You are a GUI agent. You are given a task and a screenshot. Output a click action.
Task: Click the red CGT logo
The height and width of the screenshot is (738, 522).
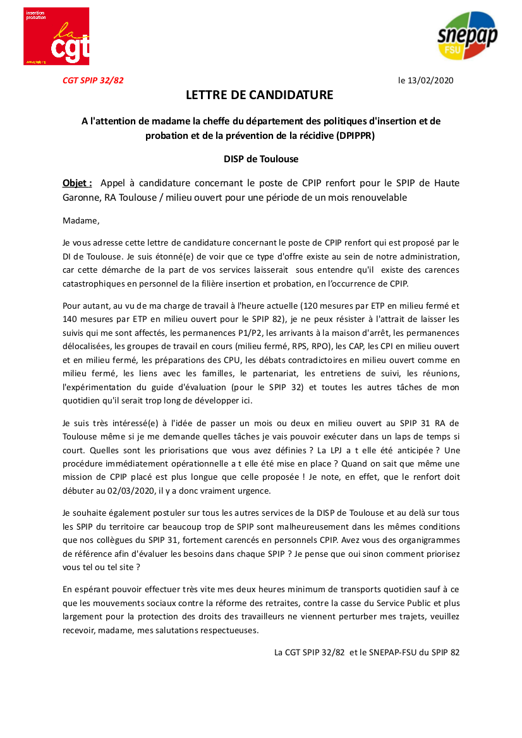(56, 36)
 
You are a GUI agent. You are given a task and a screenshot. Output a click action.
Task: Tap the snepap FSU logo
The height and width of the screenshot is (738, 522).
(467, 35)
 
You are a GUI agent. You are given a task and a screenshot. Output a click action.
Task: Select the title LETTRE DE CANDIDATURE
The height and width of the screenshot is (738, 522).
(259, 95)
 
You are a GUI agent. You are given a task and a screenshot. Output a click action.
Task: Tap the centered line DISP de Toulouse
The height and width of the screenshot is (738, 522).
(260, 159)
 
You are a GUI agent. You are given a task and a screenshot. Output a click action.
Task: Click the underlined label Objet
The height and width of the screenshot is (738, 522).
(77, 183)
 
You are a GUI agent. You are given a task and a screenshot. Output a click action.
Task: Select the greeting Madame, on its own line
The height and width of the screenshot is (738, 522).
(82, 221)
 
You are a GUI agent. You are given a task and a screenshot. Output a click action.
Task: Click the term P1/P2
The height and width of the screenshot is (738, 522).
(255, 333)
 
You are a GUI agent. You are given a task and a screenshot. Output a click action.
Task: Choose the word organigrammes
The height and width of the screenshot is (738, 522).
(430, 540)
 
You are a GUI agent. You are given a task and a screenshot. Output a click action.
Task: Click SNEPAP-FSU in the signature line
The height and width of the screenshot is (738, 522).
(386, 652)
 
